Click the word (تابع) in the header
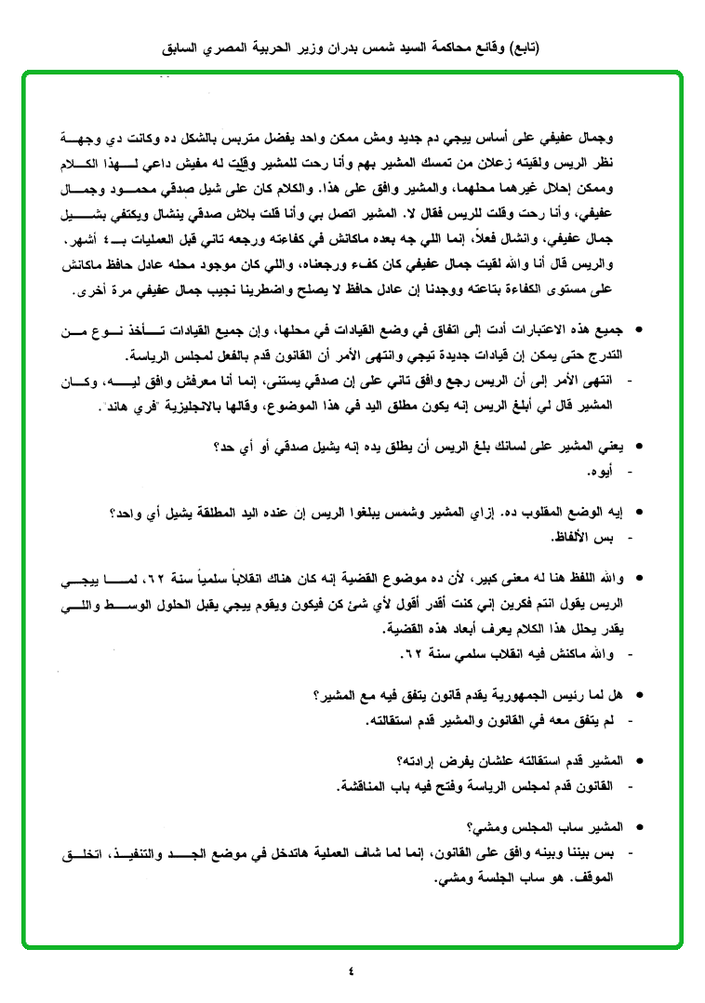click(x=524, y=47)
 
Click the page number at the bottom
click(x=352, y=972)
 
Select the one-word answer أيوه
click(x=603, y=473)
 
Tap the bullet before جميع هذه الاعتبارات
click(x=638, y=331)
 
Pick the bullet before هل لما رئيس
click(x=638, y=695)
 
